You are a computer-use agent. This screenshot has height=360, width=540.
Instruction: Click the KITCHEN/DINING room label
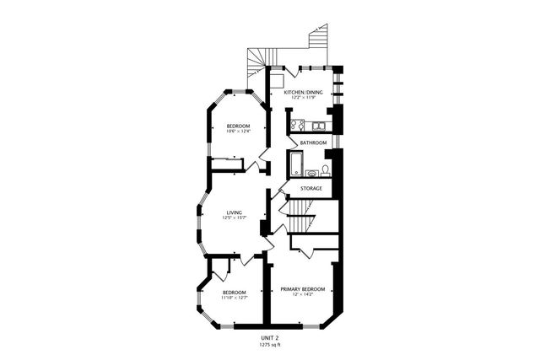click(x=302, y=91)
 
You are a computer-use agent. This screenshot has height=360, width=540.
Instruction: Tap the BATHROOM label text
click(x=313, y=142)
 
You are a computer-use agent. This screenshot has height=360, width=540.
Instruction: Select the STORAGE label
click(x=311, y=188)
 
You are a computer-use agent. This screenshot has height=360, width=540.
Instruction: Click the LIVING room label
click(x=235, y=212)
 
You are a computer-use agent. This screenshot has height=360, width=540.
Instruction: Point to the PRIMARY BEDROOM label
click(x=302, y=288)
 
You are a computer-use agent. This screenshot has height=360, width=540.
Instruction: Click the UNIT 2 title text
click(x=270, y=337)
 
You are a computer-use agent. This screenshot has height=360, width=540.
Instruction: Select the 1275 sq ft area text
click(x=270, y=344)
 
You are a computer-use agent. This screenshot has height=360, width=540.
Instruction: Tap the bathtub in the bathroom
click(x=296, y=163)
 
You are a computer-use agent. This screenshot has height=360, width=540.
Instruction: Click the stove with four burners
click(x=297, y=126)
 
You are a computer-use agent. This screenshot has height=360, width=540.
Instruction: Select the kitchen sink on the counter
click(x=319, y=126)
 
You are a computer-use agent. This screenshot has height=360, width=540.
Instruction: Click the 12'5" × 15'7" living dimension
click(x=235, y=218)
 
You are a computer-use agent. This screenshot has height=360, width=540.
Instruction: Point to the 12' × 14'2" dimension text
click(x=302, y=294)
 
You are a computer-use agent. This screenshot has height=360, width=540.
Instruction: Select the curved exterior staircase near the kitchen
click(x=256, y=61)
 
